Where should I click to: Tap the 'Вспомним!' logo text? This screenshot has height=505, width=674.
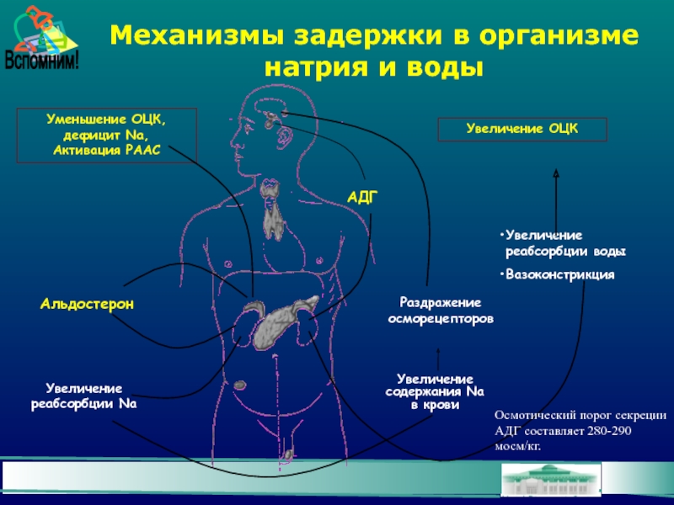point(41,61)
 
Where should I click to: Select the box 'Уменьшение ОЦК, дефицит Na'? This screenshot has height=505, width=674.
point(106,134)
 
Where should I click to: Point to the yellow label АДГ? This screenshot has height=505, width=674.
point(362,195)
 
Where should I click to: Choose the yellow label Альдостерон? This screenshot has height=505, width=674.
point(87,302)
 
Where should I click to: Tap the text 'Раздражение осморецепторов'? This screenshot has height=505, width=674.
point(440,311)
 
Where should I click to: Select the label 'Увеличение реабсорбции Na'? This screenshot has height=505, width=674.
point(84,396)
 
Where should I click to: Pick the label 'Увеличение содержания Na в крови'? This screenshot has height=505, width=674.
point(435,392)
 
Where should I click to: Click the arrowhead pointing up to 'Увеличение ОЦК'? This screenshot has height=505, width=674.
point(555,172)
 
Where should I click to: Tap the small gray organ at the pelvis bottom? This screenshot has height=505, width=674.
point(289,454)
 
